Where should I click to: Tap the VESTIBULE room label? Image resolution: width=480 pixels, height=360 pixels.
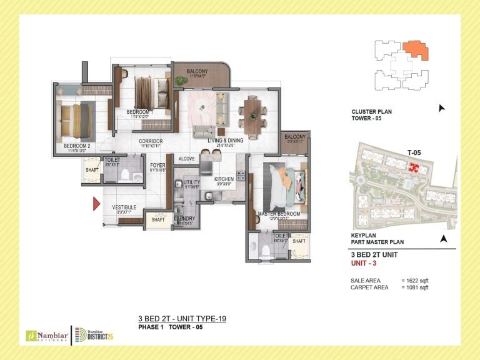(124, 207)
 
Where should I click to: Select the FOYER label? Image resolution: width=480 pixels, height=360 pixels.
(157, 166)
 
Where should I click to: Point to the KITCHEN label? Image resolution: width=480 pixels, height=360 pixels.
(224, 179)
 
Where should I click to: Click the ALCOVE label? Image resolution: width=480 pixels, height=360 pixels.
(186, 159)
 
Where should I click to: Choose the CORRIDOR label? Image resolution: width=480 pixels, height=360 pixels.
(151, 141)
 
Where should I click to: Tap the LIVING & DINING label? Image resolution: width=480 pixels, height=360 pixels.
(226, 141)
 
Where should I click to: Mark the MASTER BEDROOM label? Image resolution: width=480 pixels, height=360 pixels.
(279, 214)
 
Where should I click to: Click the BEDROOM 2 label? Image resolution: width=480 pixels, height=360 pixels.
(77, 146)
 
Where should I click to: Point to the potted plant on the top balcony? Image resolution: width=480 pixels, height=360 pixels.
(181, 81)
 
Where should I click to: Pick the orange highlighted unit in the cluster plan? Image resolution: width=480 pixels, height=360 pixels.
(415, 50)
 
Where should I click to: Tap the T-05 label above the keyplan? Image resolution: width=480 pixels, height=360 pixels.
(413, 152)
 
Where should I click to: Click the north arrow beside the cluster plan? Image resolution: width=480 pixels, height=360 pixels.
(442, 108)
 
